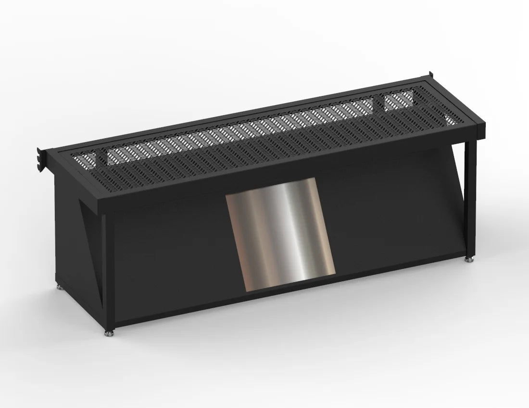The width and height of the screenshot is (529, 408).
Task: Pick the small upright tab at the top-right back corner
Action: pyautogui.click(x=429, y=76)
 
